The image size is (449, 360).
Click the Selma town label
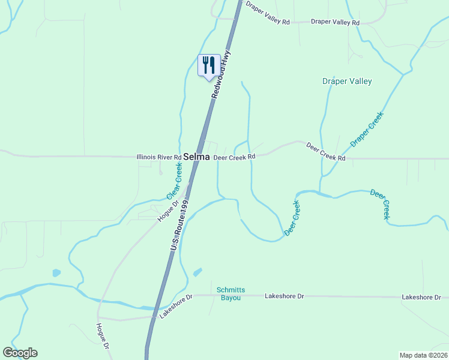pos(196,157)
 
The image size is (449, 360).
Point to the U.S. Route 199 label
pos(179,226)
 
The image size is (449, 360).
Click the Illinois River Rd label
pos(159,157)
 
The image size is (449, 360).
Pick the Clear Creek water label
pos(174,180)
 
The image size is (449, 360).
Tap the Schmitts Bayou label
pos(229,294)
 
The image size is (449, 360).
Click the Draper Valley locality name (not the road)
pos(347,82)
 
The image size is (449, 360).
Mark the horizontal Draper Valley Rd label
pos(335,22)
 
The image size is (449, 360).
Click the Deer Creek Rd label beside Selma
pos(235,157)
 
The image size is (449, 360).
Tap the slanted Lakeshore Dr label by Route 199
pos(172,305)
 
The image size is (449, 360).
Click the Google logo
pos(20,353)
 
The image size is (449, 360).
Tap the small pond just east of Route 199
pos(197,273)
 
